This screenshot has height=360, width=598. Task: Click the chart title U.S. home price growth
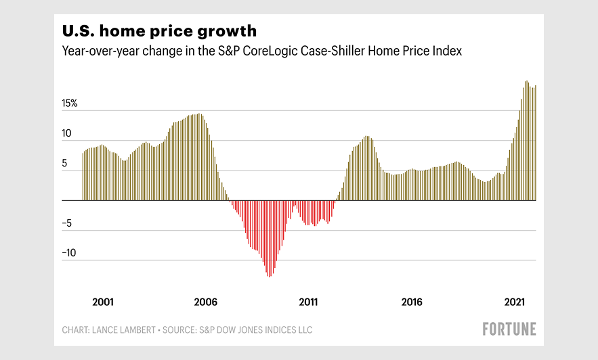159,31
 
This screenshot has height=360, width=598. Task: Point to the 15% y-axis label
70,104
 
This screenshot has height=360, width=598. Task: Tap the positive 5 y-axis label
66,164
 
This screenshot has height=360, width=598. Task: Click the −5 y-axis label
67,224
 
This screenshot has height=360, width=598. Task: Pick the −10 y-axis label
70,254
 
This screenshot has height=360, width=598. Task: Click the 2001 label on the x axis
102,302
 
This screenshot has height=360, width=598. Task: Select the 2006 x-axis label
205,302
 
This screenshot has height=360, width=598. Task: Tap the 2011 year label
308,302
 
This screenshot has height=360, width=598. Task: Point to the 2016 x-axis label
412,302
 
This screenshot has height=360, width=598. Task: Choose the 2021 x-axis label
515,302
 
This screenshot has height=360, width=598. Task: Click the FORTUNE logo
509,330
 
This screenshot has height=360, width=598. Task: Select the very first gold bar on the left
83,176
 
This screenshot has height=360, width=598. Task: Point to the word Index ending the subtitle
448,51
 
